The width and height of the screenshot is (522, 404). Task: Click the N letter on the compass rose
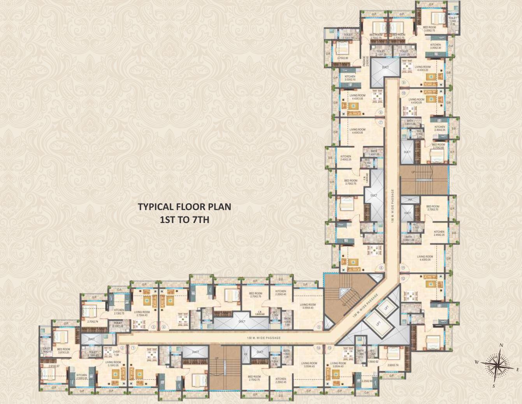(502, 345)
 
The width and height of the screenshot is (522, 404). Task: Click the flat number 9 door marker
(404, 83)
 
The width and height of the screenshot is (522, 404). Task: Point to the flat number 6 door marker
(381, 268)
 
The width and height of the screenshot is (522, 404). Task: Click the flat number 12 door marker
(403, 279)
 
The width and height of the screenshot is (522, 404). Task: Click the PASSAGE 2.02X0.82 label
(365, 61)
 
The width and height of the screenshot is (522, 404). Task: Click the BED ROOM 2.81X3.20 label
(63, 351)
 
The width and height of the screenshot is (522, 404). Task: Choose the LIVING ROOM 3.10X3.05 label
(114, 364)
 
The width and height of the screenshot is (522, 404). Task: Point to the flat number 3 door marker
(153, 327)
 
